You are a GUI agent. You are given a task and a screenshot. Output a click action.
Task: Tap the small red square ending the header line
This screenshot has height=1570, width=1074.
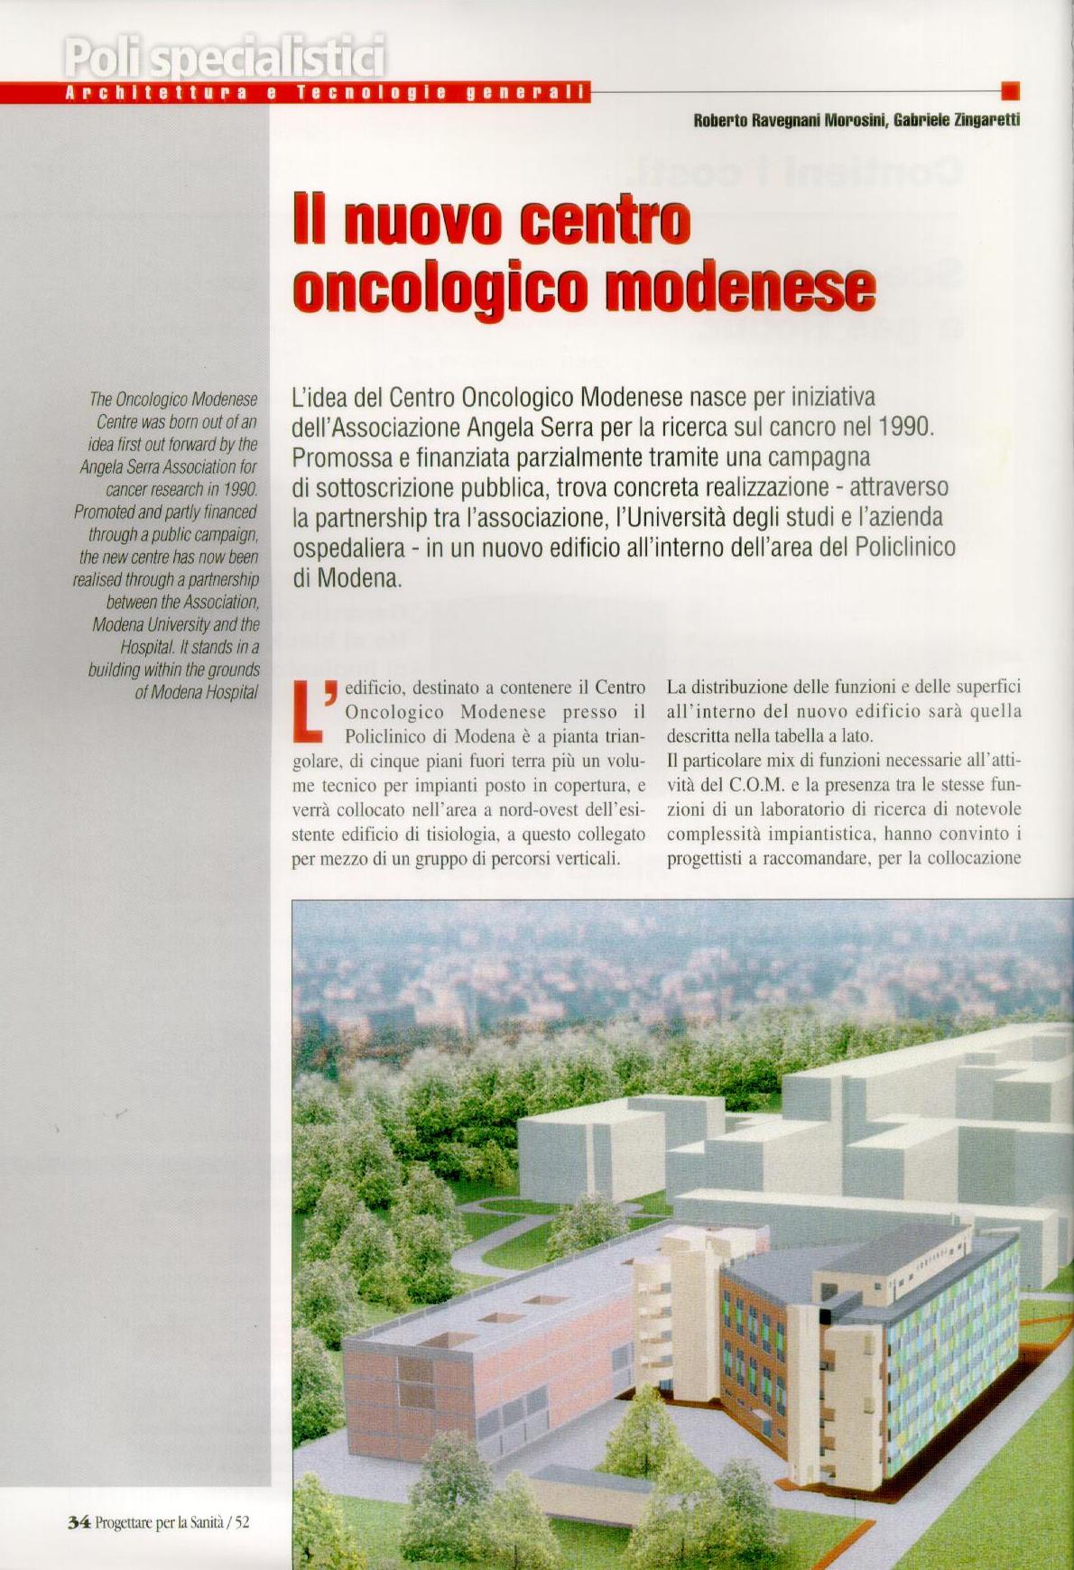point(1011,90)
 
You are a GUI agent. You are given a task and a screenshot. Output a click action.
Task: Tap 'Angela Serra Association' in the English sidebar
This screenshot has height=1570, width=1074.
point(169,467)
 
